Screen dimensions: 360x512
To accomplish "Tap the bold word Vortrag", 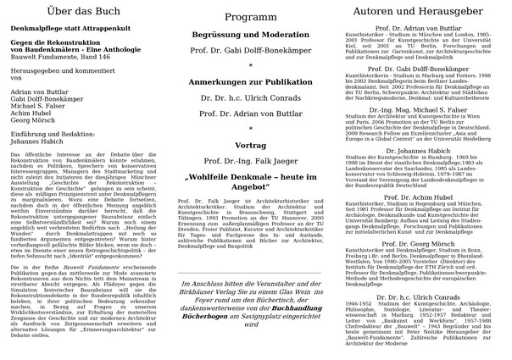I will pos(250,146).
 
